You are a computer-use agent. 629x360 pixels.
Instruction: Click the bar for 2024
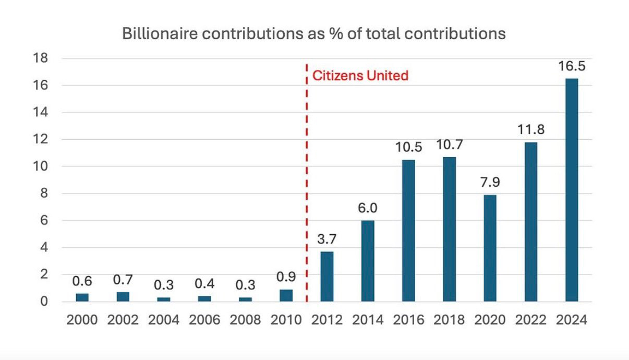tap(572, 190)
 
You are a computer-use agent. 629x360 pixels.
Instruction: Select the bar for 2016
tap(408, 230)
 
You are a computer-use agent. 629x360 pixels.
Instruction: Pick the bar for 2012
tap(327, 276)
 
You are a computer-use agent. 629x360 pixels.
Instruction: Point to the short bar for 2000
tap(82, 297)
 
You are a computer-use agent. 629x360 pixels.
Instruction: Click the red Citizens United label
tap(360, 76)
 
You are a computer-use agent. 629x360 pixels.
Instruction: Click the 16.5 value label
tap(572, 66)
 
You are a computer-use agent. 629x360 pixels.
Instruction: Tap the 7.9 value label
tap(490, 183)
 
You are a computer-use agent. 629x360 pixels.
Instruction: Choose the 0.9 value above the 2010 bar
tap(286, 277)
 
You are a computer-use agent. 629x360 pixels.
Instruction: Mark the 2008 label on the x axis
tap(245, 320)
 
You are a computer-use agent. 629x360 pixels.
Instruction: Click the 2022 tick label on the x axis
tap(530, 320)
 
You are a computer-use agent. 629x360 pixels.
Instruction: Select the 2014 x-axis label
tap(368, 320)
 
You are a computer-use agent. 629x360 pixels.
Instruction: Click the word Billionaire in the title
tap(155, 34)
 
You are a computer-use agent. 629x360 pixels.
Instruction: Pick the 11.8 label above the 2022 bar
tap(530, 130)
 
